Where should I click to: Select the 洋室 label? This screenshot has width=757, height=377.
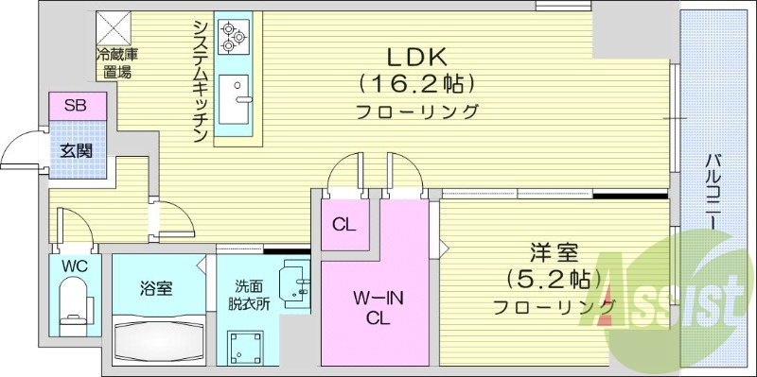[554, 253]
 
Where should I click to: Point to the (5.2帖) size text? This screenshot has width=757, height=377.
[554, 280]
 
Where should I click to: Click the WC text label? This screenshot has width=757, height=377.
[74, 266]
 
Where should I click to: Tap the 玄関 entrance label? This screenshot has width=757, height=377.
[76, 150]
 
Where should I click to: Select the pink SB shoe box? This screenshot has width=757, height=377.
[76, 106]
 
